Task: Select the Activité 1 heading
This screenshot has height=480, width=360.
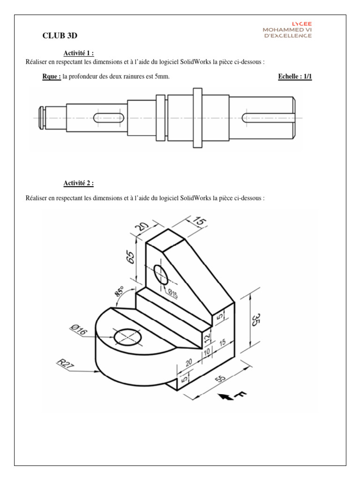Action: (x=79, y=53)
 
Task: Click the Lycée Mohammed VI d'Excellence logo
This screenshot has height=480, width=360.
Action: (x=287, y=30)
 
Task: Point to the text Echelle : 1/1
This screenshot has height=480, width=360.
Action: (x=295, y=77)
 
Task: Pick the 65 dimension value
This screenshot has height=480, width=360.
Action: (x=131, y=257)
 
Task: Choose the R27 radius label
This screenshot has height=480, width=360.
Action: (x=63, y=364)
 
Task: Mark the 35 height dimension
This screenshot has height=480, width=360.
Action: (x=256, y=321)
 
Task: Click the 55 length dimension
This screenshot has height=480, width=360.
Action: (x=222, y=378)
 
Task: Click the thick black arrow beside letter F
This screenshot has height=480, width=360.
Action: (x=227, y=397)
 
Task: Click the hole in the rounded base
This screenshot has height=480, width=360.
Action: (x=128, y=336)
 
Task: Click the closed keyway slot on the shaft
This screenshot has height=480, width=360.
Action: (x=109, y=118)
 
